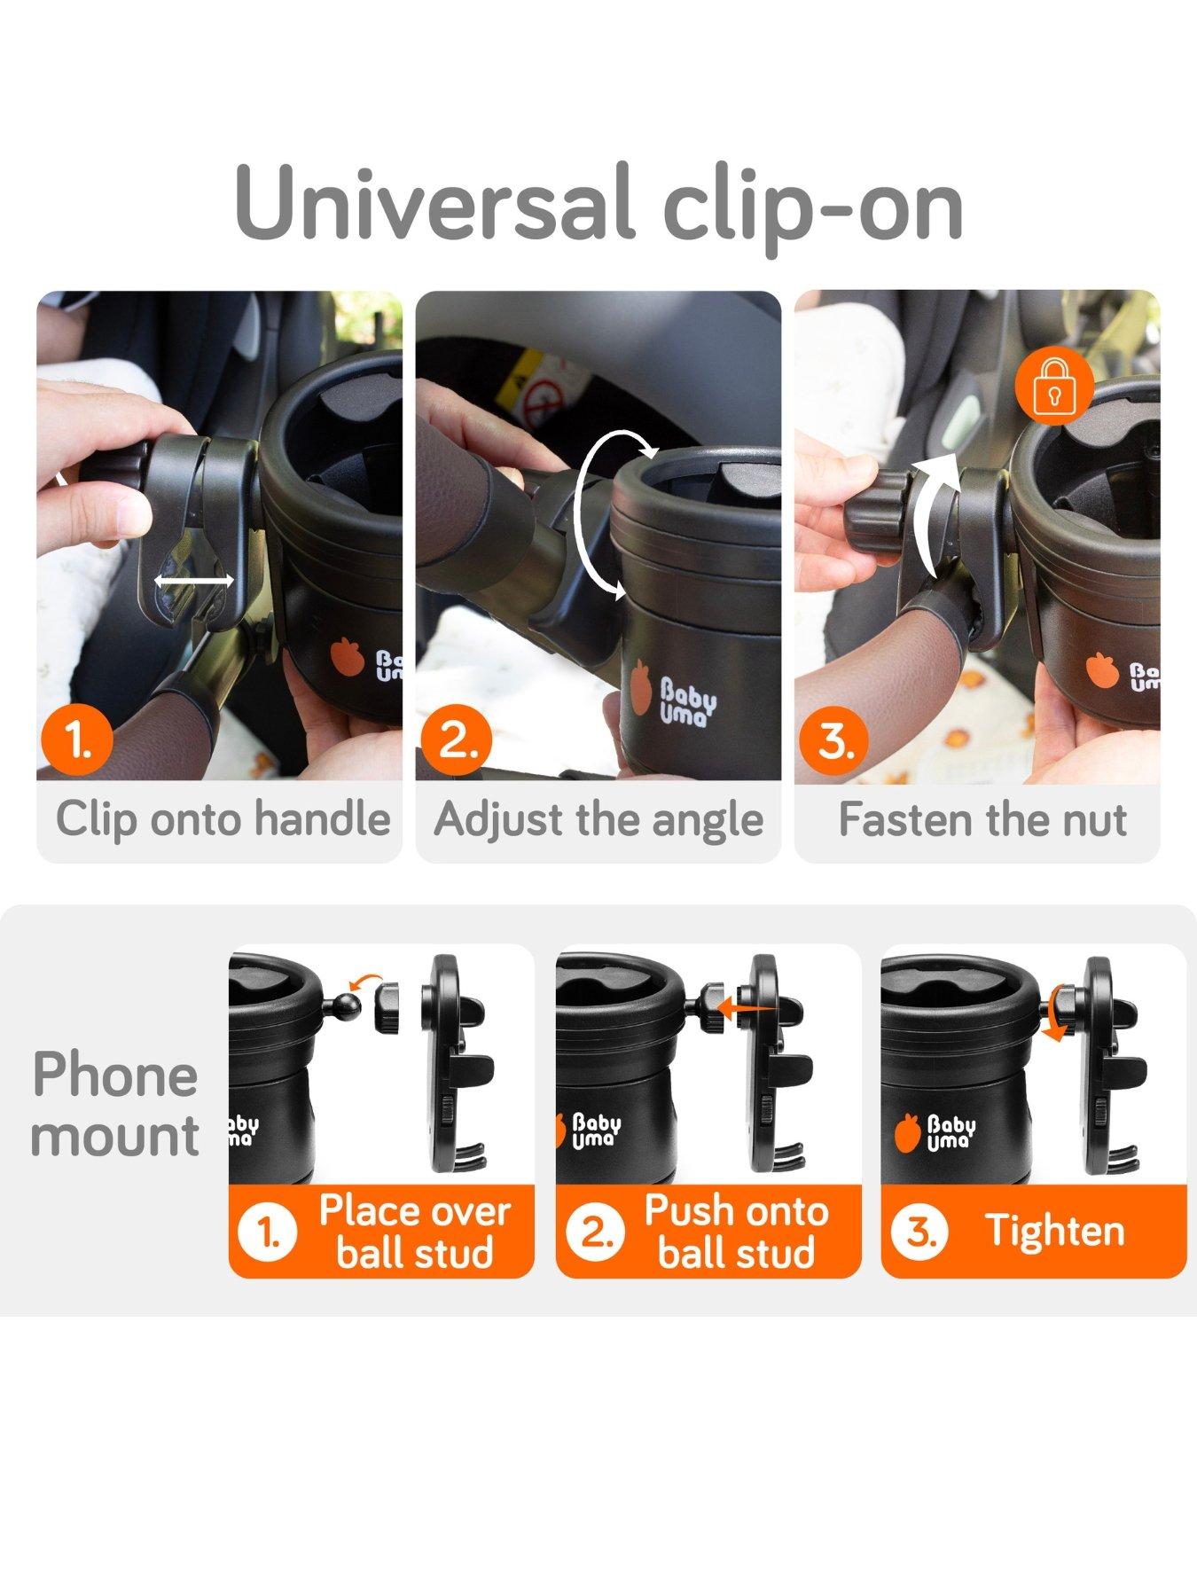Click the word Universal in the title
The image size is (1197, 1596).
click(434, 203)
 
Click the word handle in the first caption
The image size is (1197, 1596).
click(322, 818)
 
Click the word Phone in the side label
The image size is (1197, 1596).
click(115, 1075)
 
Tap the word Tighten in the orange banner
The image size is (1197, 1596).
click(1055, 1231)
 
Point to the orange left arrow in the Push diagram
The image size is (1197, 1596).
click(744, 1007)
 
